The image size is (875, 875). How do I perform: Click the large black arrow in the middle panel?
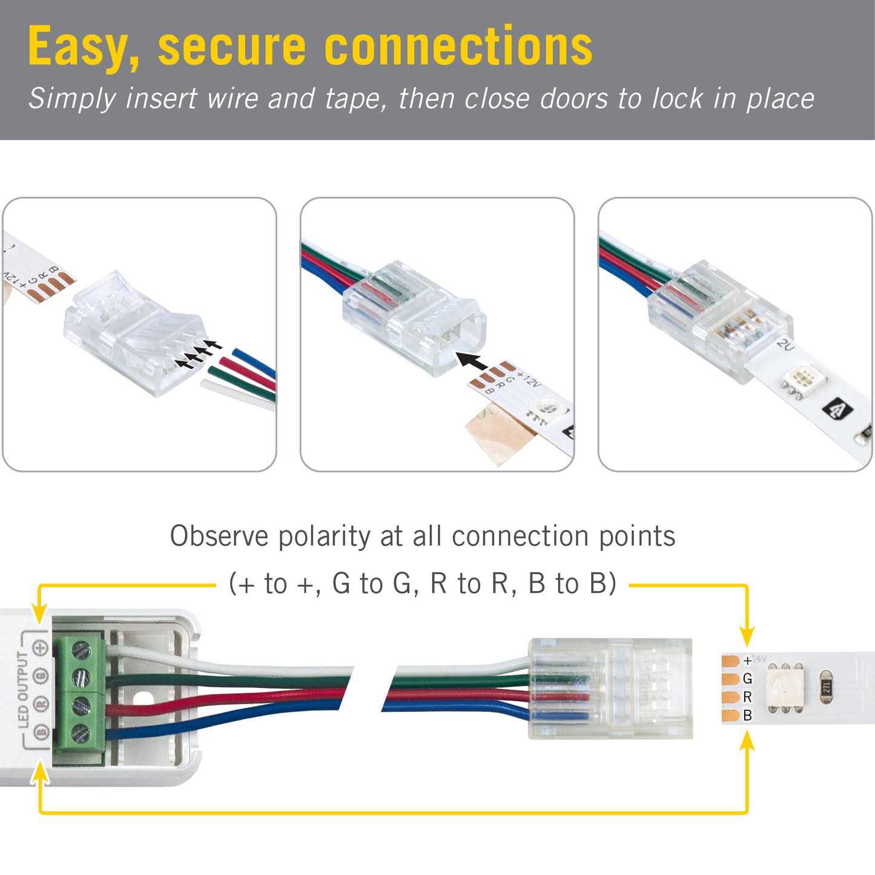click(472, 362)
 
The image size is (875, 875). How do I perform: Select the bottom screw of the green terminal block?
click(80, 733)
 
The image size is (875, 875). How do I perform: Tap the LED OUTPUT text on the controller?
click(24, 690)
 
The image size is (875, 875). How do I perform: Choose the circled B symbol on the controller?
click(41, 732)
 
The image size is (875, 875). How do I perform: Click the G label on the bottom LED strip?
click(747, 679)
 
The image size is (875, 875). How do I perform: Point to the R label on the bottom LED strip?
click(747, 697)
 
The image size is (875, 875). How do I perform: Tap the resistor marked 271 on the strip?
click(827, 687)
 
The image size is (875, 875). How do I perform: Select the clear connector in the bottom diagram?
click(610, 688)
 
